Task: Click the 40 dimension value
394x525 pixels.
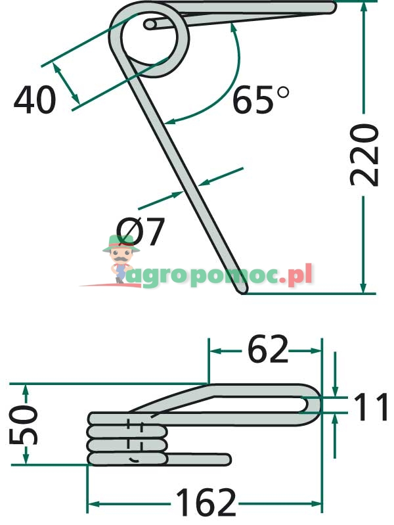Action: tap(35, 101)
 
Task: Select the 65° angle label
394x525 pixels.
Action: tap(260, 101)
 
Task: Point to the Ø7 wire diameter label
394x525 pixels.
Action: tap(141, 231)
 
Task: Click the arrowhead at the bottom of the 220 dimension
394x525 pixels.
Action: tap(363, 287)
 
